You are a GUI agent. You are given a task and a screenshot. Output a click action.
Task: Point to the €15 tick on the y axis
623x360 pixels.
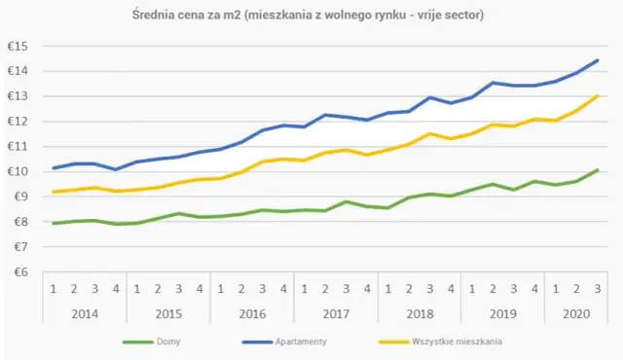click(18, 46)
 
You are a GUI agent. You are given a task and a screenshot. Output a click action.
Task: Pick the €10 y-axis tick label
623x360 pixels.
click(18, 171)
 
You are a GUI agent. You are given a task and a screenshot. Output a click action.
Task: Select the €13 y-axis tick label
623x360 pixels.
click(18, 96)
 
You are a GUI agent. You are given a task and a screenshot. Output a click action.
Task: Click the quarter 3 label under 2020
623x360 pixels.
click(596, 288)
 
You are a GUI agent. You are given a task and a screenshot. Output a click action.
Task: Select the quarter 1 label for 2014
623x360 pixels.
click(53, 288)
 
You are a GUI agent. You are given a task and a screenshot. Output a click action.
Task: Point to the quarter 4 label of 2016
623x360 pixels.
click(283, 288)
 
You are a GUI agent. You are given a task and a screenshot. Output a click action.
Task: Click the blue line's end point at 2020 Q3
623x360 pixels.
click(596, 60)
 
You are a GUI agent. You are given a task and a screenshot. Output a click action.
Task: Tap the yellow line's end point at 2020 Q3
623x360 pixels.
click(596, 95)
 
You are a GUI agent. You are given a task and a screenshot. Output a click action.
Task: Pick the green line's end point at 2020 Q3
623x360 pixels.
click(596, 170)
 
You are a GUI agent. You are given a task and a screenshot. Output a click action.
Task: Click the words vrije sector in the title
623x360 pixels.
click(450, 17)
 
